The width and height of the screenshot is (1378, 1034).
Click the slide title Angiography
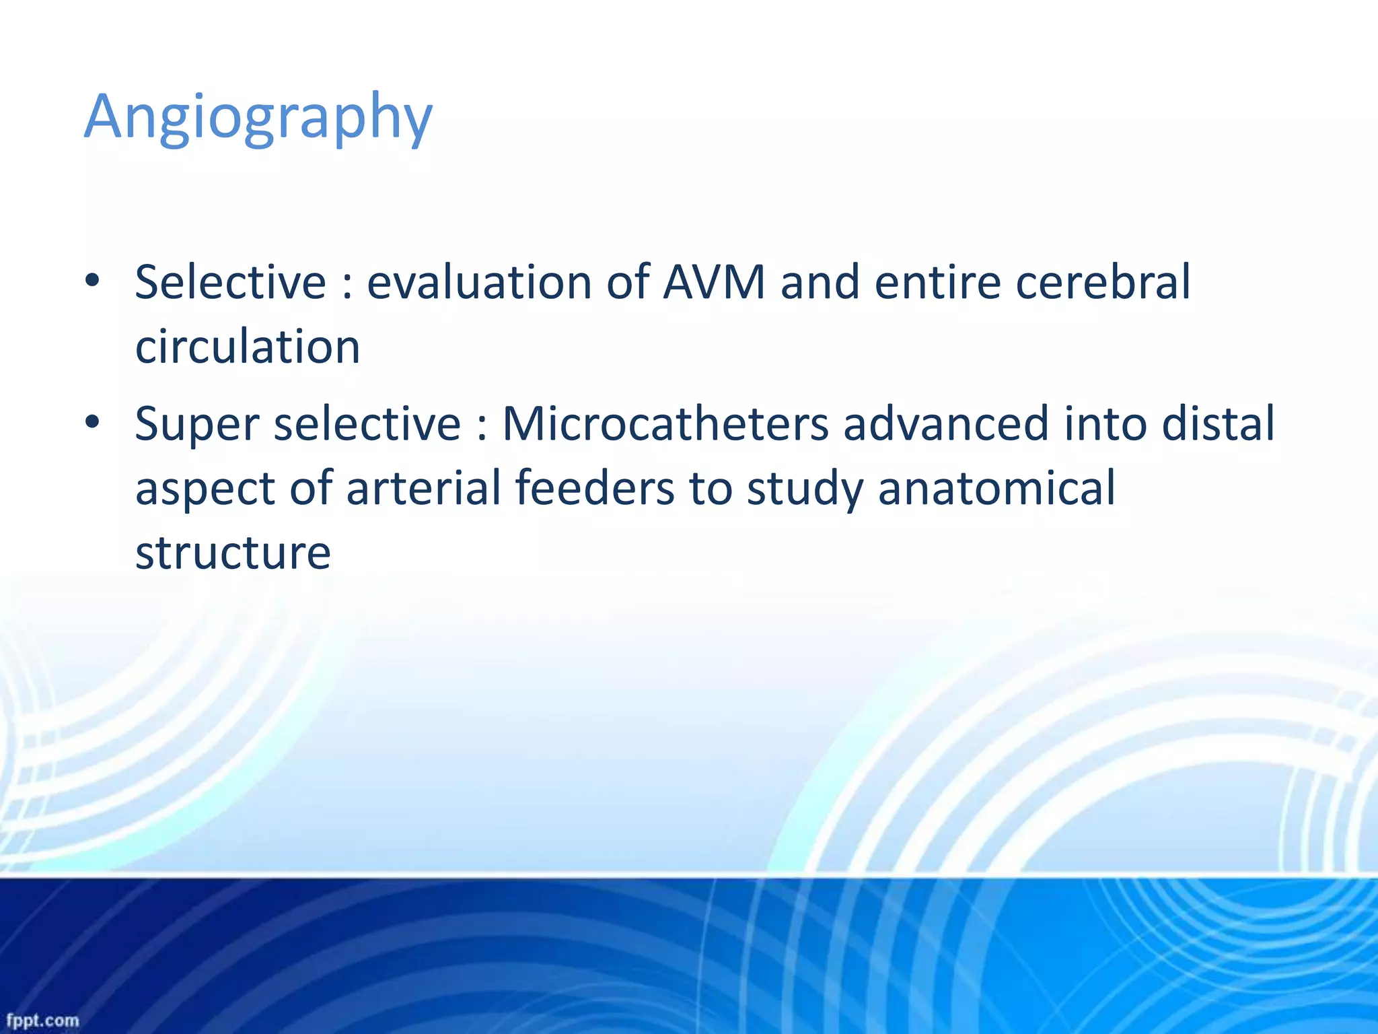258,118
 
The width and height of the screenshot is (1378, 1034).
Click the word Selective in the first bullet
230,282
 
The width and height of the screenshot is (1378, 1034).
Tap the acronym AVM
714,282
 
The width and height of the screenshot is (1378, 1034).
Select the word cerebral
1103,282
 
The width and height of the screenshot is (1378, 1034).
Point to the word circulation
248,347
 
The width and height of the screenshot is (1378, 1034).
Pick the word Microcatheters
665,424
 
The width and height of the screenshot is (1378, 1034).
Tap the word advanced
945,424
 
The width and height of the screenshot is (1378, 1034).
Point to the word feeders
594,488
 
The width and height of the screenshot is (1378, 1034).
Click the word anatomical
996,488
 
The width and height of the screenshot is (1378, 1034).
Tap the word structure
233,553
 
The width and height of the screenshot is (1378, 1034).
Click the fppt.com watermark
42,1021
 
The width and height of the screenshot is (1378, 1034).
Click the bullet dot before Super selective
92,422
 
